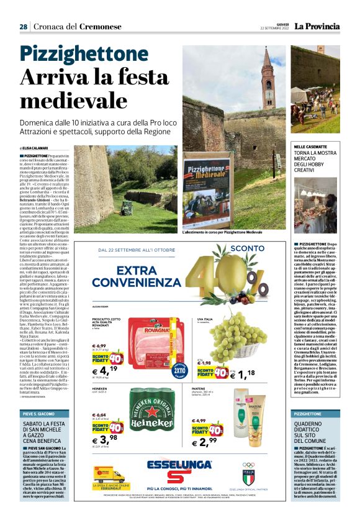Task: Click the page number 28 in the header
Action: click(x=23, y=27)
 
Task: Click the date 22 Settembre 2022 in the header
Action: click(x=275, y=29)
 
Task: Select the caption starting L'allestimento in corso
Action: click(x=222, y=232)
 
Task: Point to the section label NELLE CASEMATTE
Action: click(x=312, y=147)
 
